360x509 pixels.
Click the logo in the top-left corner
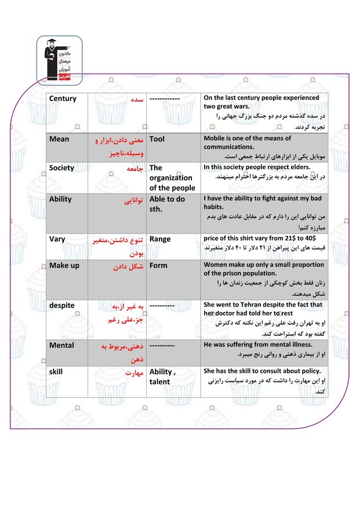tap(59, 59)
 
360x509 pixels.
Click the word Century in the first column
tap(63, 99)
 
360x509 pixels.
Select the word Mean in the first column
tap(59, 139)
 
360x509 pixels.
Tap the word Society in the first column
tap(61, 168)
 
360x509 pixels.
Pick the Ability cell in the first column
tap(60, 199)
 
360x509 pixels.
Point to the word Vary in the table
tap(57, 239)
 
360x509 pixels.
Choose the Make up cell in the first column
tap(64, 266)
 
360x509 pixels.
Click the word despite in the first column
tap(61, 305)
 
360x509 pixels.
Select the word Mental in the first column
tap(61, 345)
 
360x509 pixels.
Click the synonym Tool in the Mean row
tap(157, 139)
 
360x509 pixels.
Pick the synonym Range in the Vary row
tap(160, 239)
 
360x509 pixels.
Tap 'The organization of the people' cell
tap(172, 178)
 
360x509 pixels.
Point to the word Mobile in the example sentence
tap(216, 139)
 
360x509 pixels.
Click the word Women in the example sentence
tap(217, 265)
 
